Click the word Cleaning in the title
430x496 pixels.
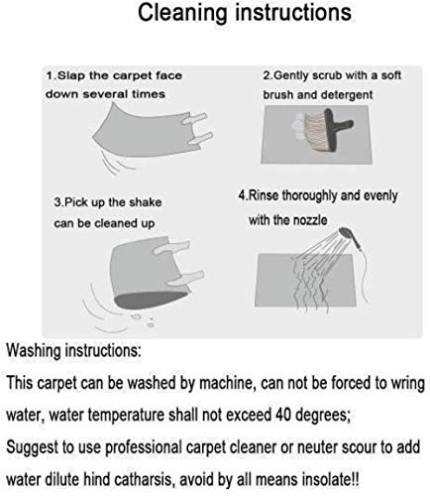(182, 13)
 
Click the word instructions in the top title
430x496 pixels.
(293, 13)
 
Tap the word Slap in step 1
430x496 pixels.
(71, 75)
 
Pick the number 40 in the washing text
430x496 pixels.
(281, 415)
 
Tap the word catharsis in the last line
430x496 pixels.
(143, 479)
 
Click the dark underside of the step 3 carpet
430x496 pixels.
(152, 299)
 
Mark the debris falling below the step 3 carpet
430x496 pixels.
(143, 319)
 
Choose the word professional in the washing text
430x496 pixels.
(144, 448)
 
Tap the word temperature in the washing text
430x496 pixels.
(107, 416)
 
